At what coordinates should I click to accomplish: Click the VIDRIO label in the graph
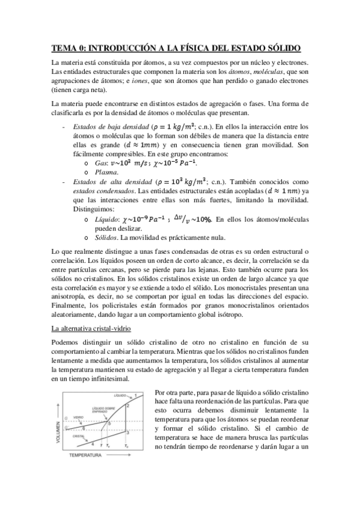click(78, 417)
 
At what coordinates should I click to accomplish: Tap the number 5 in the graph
click(109, 424)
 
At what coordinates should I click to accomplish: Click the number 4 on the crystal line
click(92, 443)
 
